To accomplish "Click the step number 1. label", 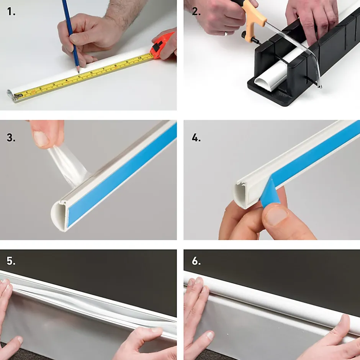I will click(x=11, y=11).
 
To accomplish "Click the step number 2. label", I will click(x=196, y=11).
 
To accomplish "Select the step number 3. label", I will click(x=11, y=138).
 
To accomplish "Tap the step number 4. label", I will click(x=196, y=138).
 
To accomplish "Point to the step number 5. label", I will click(x=11, y=261).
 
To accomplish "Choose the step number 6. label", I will click(x=196, y=261).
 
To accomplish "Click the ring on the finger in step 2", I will click(x=226, y=34).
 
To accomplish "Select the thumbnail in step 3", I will click(x=41, y=138).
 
